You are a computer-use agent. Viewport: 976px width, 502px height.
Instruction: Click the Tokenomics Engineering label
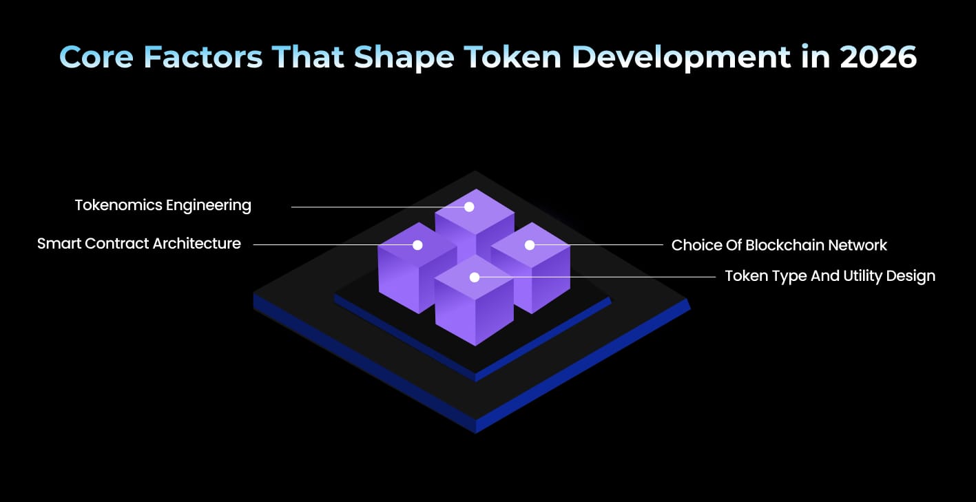pos(163,205)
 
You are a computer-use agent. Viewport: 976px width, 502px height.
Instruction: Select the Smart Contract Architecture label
pos(139,244)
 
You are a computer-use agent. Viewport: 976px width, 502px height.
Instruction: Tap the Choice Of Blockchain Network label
pos(779,245)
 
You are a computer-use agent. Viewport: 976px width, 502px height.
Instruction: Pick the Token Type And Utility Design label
pos(829,276)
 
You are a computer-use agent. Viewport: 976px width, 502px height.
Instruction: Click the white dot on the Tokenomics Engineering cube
pos(469,207)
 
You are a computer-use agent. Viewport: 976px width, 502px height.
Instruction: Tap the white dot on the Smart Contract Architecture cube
pos(417,244)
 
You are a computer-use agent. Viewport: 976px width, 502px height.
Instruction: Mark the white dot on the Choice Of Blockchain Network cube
pos(530,244)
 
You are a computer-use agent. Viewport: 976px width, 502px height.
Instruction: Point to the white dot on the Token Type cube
pos(474,277)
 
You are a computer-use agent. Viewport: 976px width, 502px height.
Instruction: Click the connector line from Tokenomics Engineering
pos(372,207)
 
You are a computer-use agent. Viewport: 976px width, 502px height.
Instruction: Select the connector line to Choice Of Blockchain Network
pos(599,244)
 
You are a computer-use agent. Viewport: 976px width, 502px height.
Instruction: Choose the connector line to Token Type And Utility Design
pos(599,277)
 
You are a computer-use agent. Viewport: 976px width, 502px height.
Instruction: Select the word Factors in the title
pos(203,57)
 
